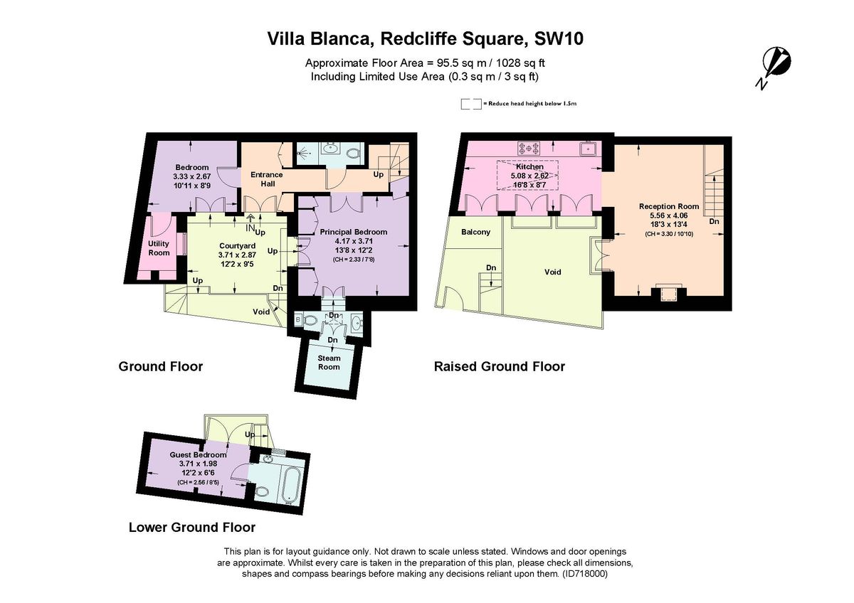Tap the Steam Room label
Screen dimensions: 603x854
click(x=329, y=362)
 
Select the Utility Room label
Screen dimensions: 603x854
click(x=159, y=248)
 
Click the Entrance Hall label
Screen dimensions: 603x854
click(x=266, y=179)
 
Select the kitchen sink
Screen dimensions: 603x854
click(x=588, y=148)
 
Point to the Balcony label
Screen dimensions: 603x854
click(x=475, y=233)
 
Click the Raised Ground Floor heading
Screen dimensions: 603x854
click(x=500, y=367)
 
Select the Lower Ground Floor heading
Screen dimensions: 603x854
click(x=191, y=528)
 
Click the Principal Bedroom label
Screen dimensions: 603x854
click(x=353, y=232)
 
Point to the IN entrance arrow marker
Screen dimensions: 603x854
click(x=251, y=226)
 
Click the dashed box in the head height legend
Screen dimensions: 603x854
click(x=470, y=104)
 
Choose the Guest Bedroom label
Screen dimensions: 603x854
click(x=198, y=454)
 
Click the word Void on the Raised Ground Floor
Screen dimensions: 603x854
click(x=553, y=272)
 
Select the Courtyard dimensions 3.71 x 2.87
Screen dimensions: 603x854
click(x=238, y=255)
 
